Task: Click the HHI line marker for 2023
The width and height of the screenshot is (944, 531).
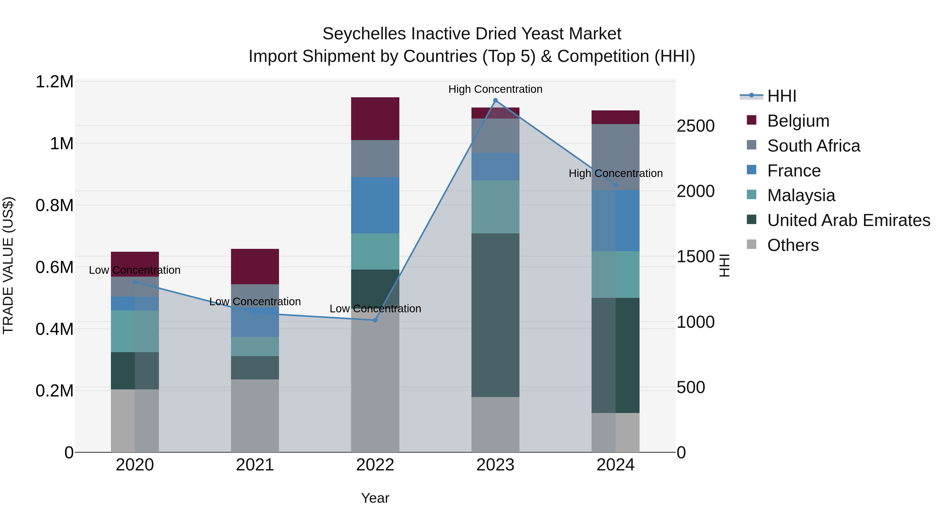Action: [495, 100]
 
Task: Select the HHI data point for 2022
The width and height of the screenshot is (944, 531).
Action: [375, 320]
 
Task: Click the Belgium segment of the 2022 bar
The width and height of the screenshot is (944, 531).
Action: [375, 118]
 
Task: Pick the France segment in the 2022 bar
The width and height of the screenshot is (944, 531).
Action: [375, 205]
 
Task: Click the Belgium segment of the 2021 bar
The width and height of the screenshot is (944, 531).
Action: [255, 266]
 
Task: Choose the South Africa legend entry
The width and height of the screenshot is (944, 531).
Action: [813, 146]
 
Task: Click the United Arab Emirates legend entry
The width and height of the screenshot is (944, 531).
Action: [848, 220]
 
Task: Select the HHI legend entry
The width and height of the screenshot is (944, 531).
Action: [781, 96]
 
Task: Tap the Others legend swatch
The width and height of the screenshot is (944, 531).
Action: [751, 244]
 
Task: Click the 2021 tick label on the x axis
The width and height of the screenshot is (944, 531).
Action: [255, 465]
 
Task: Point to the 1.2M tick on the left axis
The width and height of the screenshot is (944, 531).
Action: [54, 82]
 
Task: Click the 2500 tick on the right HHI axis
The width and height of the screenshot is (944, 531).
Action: [695, 126]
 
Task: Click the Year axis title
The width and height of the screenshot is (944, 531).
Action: [375, 498]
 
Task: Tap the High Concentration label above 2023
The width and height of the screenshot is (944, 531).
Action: [495, 89]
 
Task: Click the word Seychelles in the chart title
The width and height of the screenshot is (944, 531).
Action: [364, 34]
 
